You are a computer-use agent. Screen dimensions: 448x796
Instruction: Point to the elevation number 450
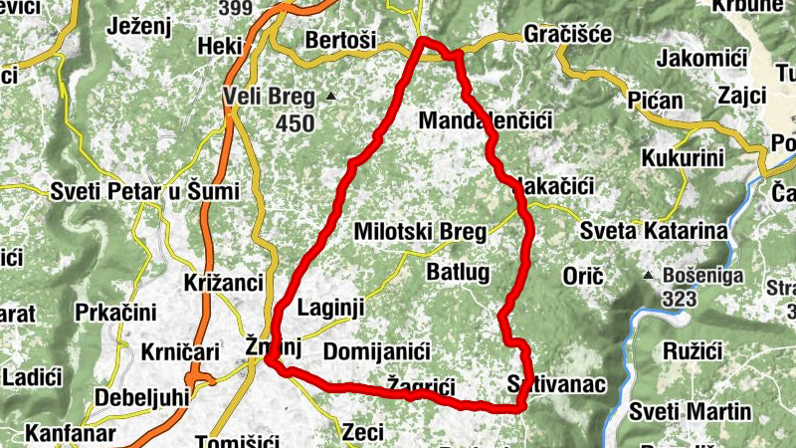pyautogui.click(x=295, y=124)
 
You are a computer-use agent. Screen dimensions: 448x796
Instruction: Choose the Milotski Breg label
pyautogui.click(x=420, y=233)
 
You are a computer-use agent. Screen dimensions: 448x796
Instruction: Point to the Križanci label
pyautogui.click(x=220, y=283)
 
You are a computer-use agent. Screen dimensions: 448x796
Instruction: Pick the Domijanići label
pyautogui.click(x=376, y=352)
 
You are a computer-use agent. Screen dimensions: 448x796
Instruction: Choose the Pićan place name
pyautogui.click(x=656, y=101)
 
